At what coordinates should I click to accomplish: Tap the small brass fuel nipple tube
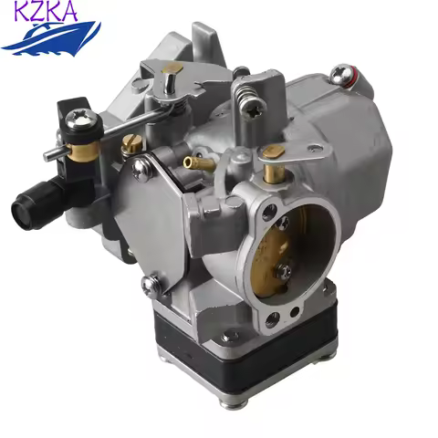191,162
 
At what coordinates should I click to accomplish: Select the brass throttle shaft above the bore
270,172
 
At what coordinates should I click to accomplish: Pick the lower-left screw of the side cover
149,285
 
